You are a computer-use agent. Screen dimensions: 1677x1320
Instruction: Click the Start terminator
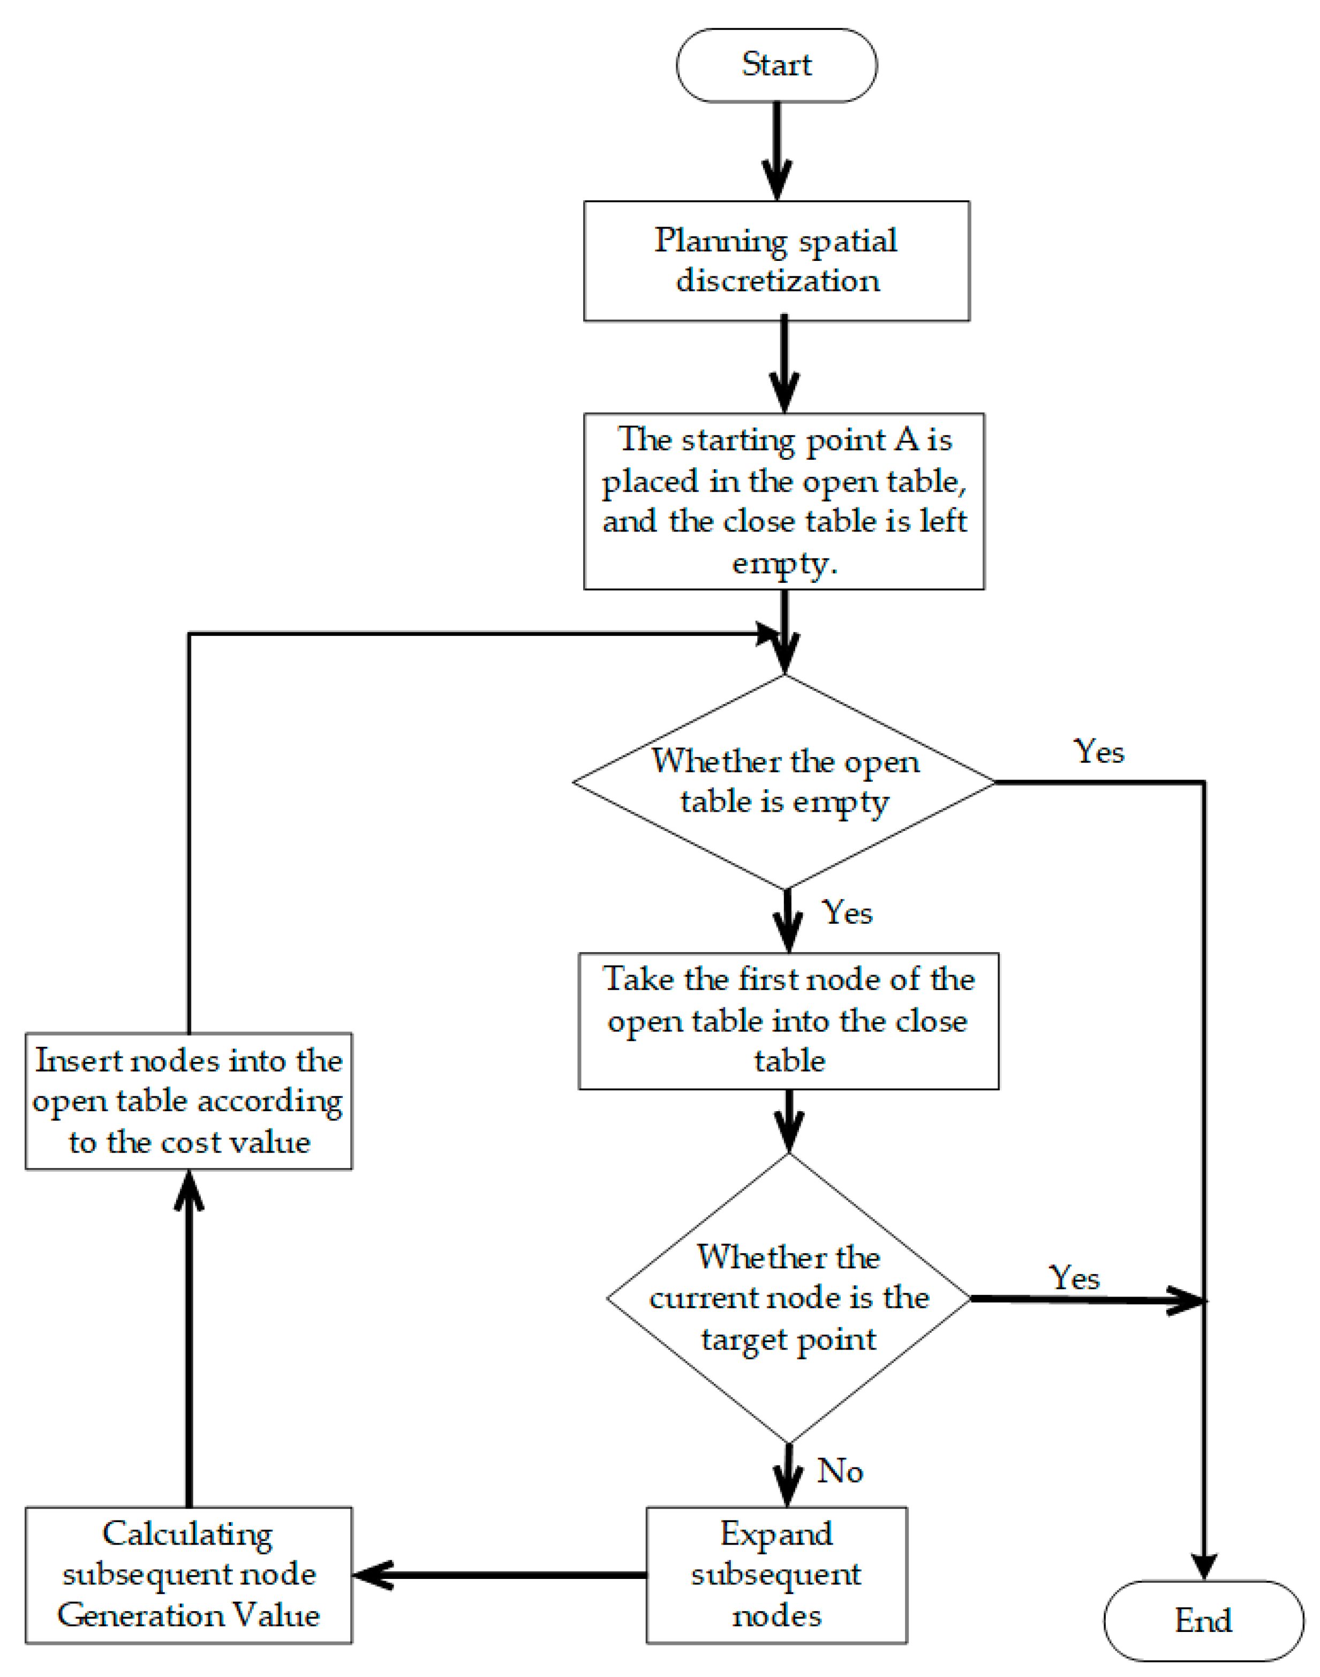(776, 65)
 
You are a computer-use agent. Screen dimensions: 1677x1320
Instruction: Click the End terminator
(1203, 1621)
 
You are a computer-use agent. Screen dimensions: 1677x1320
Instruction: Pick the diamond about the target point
(788, 1299)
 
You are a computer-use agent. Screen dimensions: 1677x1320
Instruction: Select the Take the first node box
(788, 1021)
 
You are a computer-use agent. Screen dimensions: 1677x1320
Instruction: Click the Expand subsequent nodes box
(776, 1575)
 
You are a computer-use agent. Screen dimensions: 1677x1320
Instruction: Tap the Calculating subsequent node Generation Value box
(188, 1575)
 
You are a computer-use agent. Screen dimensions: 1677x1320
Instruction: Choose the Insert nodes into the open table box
(188, 1101)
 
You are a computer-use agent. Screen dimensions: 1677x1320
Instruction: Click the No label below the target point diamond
(840, 1471)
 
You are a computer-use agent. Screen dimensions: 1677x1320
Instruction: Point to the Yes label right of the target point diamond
(1074, 1277)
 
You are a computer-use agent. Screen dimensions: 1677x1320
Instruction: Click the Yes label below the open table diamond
(847, 912)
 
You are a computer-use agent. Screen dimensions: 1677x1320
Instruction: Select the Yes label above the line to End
(1099, 752)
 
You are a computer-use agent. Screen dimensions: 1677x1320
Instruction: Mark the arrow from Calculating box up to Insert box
(188, 1337)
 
